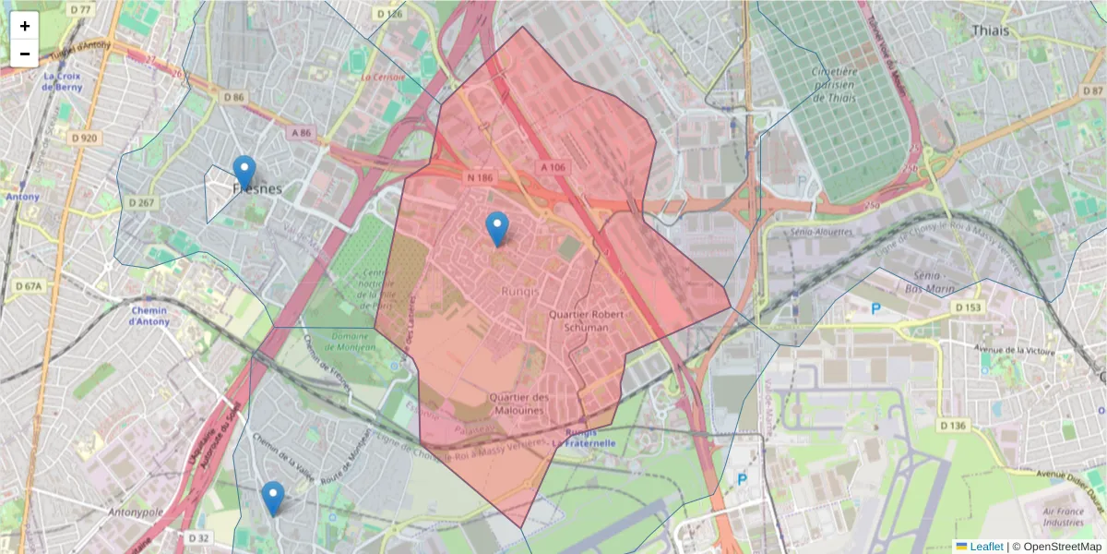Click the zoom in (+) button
(x=25, y=26)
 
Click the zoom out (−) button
(x=25, y=54)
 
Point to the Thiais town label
(x=990, y=30)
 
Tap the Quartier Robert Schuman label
(x=578, y=320)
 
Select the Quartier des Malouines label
(x=518, y=403)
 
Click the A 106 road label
(x=552, y=166)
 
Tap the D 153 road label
(x=969, y=307)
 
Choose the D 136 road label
(x=957, y=426)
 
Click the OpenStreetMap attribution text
(x=1057, y=546)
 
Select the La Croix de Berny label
(x=64, y=81)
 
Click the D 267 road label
(x=140, y=202)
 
